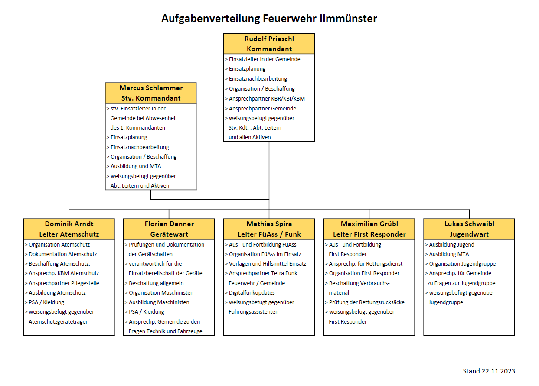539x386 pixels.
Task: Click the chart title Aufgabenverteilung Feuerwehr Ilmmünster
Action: tap(269, 19)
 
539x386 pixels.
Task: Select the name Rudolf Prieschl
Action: tap(269, 39)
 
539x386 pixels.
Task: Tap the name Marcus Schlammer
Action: tap(151, 88)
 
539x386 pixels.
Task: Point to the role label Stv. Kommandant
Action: tap(151, 98)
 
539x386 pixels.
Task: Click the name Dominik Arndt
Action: tap(69, 224)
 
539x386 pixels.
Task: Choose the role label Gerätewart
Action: tap(169, 234)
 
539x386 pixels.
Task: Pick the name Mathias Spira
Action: tap(269, 224)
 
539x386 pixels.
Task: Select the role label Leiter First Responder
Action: tap(369, 234)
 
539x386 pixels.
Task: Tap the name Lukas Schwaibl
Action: tap(469, 224)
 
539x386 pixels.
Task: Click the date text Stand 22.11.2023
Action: tap(489, 371)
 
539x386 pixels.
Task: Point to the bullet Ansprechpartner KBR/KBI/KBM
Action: tap(265, 98)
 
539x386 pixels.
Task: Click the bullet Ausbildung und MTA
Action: tap(134, 166)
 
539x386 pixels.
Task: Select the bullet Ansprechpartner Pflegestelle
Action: tap(62, 283)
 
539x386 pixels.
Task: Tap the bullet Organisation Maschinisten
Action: tap(159, 292)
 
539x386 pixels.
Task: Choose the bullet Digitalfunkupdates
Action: tap(250, 292)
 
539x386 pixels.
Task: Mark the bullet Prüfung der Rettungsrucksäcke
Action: tap(365, 302)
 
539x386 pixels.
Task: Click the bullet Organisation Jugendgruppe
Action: tap(461, 264)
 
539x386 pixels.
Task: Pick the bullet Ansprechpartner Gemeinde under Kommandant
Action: tap(260, 108)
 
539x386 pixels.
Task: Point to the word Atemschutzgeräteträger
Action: tap(58, 321)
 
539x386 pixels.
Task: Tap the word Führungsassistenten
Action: tap(253, 312)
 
